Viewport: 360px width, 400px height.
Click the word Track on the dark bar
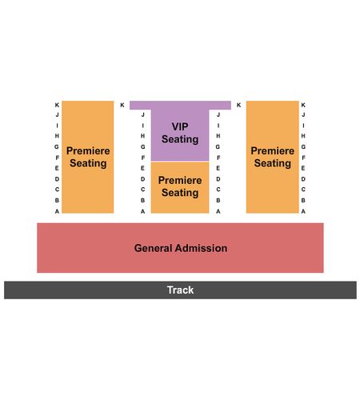[x=180, y=290]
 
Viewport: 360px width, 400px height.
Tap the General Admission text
[x=181, y=248]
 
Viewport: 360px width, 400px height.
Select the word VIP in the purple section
[x=180, y=126]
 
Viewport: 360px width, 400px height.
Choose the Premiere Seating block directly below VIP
[x=180, y=187]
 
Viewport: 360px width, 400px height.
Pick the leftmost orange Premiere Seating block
[x=88, y=157]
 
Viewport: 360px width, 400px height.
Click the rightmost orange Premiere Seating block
[x=273, y=157]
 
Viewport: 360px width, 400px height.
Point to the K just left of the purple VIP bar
[x=122, y=105]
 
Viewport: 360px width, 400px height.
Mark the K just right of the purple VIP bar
[x=238, y=105]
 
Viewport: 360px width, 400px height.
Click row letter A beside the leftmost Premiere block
[x=57, y=211]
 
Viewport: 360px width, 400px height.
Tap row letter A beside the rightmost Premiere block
[x=303, y=211]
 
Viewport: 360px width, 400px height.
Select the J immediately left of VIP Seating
[x=143, y=114]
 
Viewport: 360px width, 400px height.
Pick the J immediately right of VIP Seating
[x=218, y=114]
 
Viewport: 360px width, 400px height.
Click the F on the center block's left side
[x=143, y=158]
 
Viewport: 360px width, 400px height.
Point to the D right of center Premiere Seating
[x=218, y=179]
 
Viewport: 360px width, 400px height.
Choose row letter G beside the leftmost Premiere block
[x=57, y=146]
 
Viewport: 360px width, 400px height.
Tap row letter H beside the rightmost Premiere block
[x=303, y=136]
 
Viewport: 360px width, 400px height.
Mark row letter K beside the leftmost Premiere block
[x=57, y=105]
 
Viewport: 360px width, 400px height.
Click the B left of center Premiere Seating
[x=143, y=200]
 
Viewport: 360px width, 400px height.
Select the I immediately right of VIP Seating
[x=218, y=126]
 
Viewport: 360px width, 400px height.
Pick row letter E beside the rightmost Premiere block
[x=303, y=168]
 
